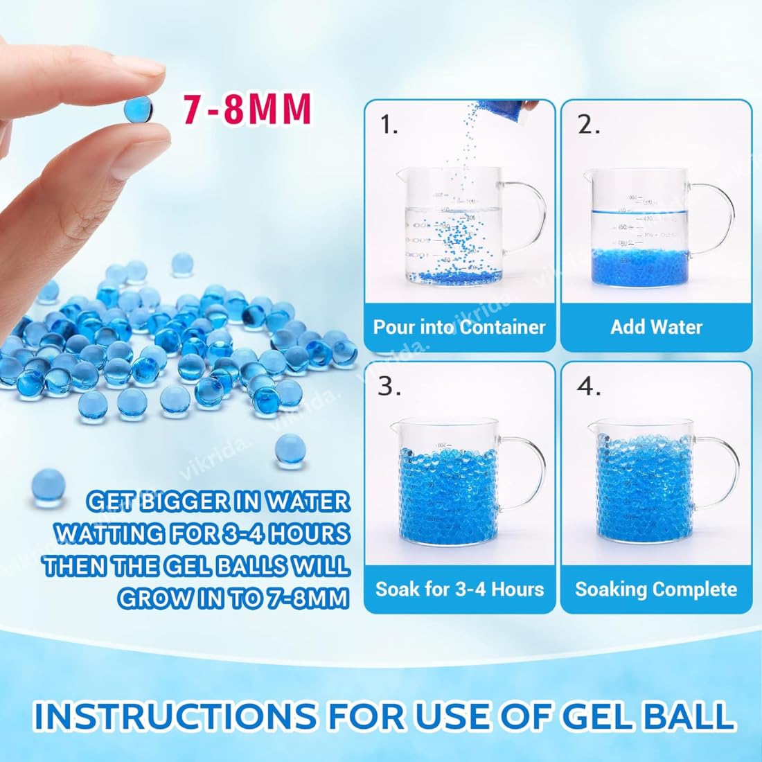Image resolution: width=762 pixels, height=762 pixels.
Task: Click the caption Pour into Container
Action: tap(459, 327)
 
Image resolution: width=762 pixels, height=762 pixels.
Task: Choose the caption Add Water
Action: tap(656, 327)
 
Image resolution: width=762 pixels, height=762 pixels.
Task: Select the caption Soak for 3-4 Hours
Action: tap(459, 590)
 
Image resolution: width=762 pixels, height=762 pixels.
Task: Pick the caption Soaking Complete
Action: tap(656, 590)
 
